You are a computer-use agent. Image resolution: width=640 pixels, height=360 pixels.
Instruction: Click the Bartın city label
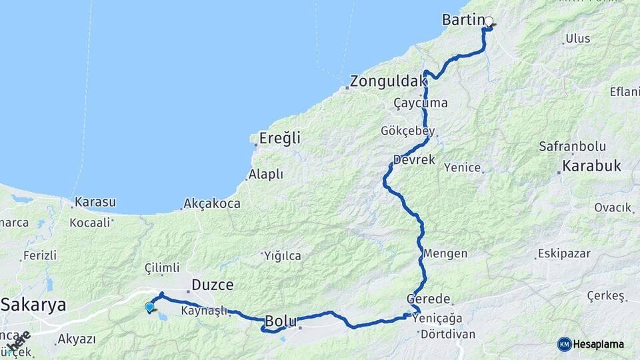(462, 21)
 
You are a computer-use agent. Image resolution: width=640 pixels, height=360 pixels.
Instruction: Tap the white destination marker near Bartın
(489, 21)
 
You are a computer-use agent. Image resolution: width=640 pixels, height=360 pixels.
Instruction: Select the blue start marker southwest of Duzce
(149, 307)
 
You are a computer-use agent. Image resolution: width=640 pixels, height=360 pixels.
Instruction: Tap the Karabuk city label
(591, 165)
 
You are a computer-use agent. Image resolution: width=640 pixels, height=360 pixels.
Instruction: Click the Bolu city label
(281, 321)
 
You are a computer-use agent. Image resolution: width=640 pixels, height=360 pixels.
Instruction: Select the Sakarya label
(33, 305)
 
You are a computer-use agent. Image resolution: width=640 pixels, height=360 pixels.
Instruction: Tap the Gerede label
(429, 299)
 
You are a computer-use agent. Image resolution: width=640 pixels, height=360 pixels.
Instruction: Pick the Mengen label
(445, 254)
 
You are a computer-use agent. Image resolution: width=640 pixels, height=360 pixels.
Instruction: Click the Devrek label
(414, 160)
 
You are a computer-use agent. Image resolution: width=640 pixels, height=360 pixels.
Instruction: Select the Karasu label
(95, 201)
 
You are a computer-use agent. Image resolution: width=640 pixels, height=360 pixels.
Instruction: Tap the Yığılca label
(282, 256)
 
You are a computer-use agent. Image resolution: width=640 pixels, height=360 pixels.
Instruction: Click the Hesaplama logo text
(598, 344)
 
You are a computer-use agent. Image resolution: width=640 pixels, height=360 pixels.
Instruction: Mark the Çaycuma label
(421, 103)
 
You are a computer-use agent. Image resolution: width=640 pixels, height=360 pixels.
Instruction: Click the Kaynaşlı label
(203, 311)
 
